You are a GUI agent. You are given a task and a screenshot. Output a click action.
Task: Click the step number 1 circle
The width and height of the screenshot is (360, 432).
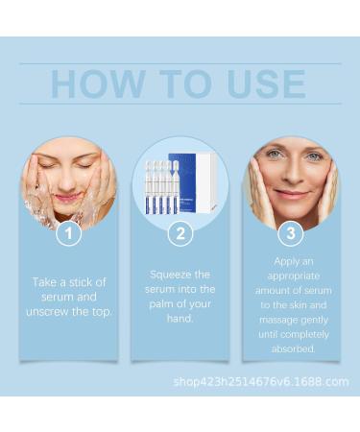point(68,232)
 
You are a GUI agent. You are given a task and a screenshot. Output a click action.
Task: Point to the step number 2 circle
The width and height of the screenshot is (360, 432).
point(180,232)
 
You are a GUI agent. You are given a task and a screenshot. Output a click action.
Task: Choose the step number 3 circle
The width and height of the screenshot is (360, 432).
point(290,232)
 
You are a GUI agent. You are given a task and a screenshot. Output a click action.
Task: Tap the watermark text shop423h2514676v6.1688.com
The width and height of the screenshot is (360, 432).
point(261,381)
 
